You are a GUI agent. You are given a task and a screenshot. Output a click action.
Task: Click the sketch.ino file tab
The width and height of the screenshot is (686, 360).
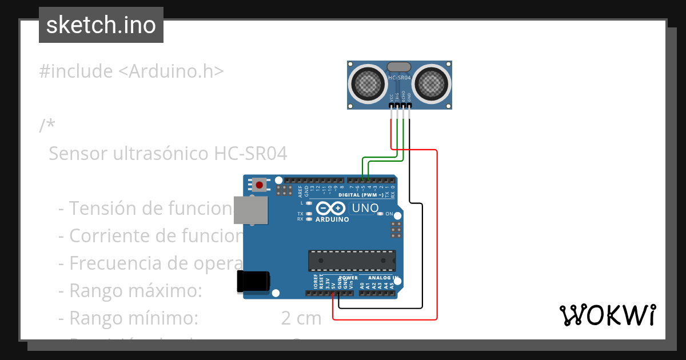point(101,25)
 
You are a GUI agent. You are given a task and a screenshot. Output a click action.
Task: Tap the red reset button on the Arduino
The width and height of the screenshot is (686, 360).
point(260,185)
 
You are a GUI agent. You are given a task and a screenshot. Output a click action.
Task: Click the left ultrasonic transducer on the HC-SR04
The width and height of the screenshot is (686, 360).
point(368,83)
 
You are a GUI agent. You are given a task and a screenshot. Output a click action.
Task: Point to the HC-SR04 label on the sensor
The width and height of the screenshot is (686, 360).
point(400,78)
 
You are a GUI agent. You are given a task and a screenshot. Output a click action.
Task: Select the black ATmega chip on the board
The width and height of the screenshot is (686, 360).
point(352,260)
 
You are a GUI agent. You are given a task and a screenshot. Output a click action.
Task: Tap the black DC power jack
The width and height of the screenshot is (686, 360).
point(253,282)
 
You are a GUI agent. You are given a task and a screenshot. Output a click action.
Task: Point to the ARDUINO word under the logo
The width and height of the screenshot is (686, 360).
point(332,219)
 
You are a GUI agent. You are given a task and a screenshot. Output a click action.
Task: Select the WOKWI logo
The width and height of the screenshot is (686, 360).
point(608,315)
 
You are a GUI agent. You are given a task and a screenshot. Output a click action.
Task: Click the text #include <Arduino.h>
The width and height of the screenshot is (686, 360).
point(131,71)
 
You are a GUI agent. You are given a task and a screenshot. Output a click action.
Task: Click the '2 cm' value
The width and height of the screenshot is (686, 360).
point(301,318)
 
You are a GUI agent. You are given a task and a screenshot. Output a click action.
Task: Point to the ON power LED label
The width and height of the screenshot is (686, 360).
point(389,214)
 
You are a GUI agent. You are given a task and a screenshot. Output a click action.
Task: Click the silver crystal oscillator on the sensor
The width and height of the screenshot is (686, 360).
point(399,67)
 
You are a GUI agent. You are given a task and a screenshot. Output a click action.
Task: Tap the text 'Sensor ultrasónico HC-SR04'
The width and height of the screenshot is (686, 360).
point(167,154)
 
